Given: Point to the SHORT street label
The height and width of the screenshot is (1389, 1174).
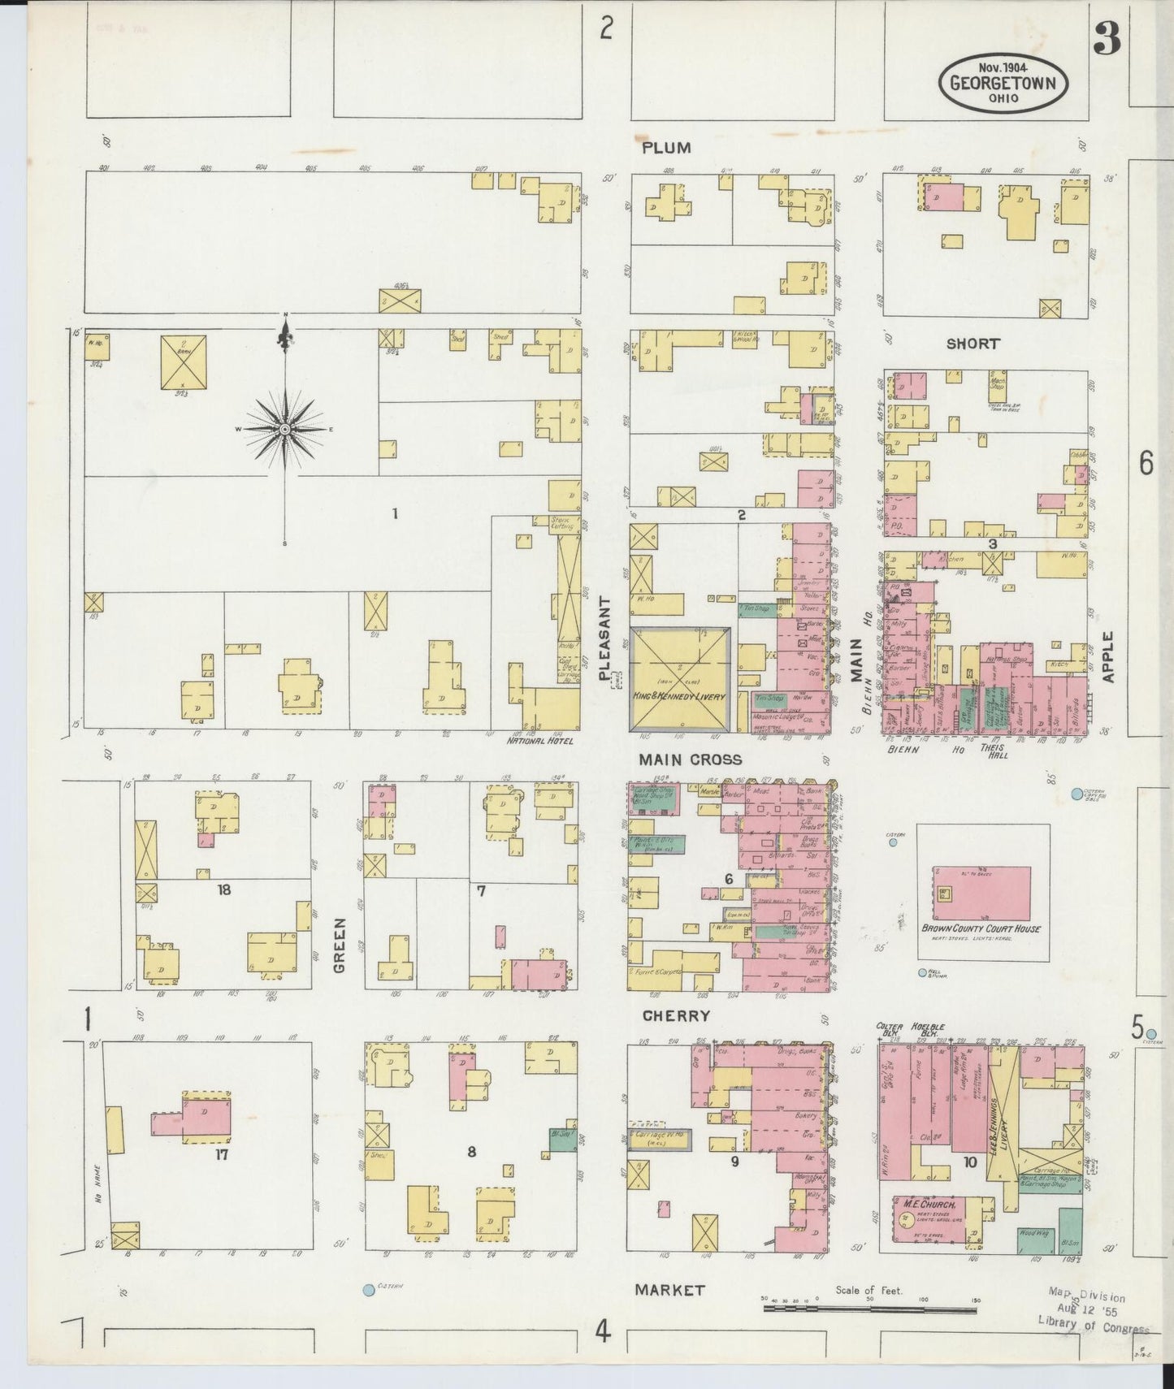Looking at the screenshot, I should click(x=973, y=344).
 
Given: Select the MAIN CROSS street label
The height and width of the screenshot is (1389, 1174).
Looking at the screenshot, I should click(x=690, y=759).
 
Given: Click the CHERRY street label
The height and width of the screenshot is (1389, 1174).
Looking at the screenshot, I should click(x=676, y=1015).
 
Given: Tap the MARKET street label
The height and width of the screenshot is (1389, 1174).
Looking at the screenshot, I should click(x=669, y=1289).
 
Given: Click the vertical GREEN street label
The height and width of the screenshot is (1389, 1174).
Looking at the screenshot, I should click(x=339, y=945).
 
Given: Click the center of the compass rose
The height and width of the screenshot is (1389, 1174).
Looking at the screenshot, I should click(x=285, y=428).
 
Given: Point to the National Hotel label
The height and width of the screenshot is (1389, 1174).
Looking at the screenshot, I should click(x=540, y=741).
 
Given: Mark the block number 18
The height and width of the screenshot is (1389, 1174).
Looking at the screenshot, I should click(x=223, y=889).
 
